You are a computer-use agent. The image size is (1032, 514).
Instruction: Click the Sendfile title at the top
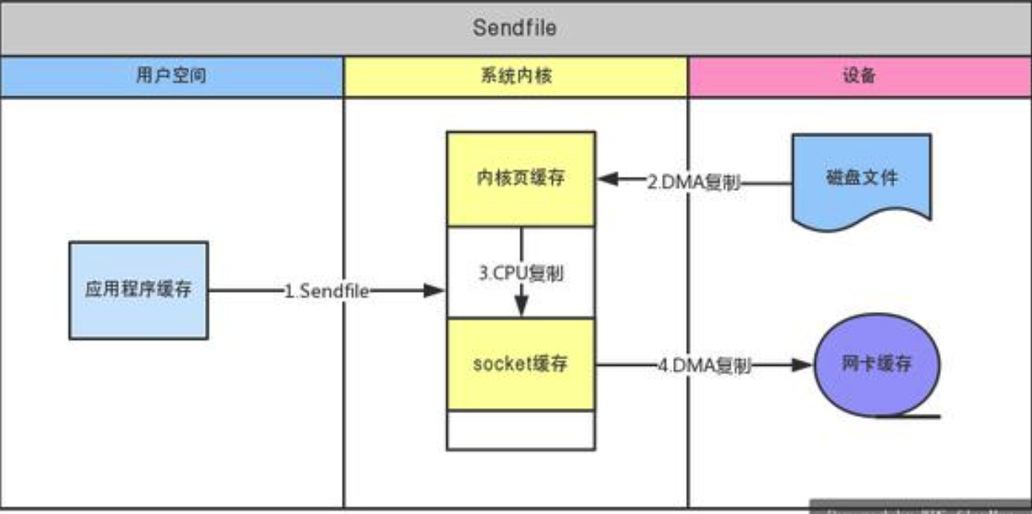515,28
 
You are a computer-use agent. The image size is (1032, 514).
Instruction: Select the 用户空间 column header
171,76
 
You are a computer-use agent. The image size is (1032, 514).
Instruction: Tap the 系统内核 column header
515,76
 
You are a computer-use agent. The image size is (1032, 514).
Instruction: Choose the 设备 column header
859,76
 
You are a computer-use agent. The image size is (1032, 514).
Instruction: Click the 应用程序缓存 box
138,290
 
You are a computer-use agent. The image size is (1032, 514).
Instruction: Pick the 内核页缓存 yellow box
520,178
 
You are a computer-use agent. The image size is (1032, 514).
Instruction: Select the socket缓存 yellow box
520,364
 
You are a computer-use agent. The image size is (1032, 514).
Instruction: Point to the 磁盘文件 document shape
861,178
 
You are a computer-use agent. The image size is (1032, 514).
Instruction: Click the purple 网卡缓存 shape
877,364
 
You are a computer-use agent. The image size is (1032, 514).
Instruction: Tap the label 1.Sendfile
326,291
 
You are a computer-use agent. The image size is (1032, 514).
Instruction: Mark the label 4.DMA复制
705,365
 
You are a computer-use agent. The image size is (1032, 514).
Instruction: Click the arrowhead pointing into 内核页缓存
608,179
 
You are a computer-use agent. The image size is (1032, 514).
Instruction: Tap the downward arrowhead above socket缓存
521,307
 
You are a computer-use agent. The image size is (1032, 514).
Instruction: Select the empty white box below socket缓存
520,430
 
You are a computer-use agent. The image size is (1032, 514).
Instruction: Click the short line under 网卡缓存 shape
908,416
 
